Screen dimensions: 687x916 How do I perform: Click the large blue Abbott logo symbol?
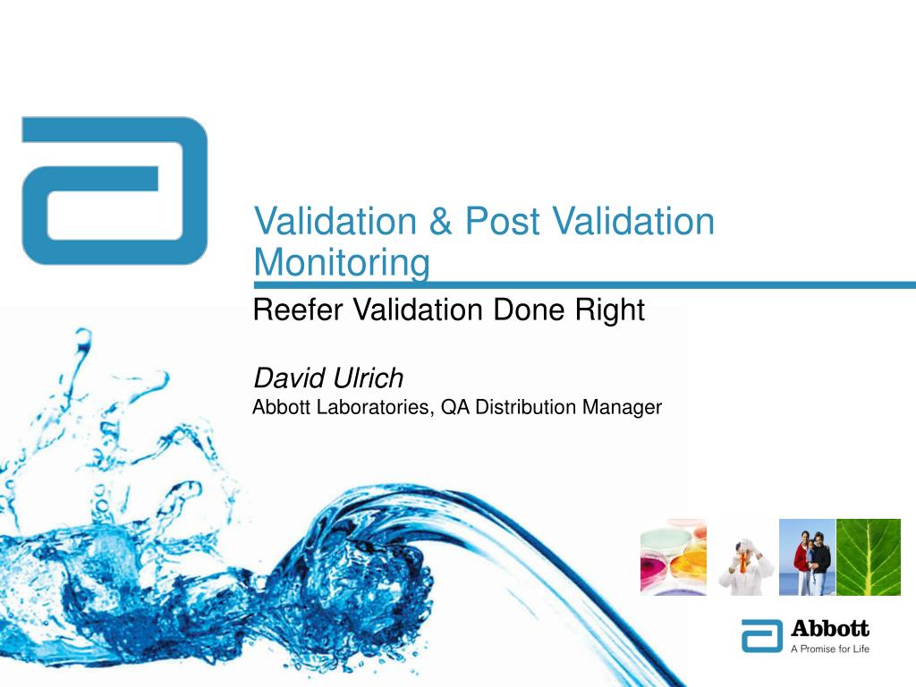pos(114,191)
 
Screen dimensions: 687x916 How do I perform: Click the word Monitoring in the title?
pos(342,263)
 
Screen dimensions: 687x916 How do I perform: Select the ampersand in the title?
pos(439,222)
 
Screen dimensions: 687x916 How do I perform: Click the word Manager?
pos(623,408)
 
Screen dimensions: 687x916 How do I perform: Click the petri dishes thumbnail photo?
pos(673,557)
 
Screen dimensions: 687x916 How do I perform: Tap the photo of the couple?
pos(807,557)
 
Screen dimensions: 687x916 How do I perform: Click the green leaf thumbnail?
pos(868,557)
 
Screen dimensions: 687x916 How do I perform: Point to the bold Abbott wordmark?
pos(830,629)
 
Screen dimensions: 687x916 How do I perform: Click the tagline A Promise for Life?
pos(829,649)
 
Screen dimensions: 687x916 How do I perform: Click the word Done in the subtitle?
pos(527,310)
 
